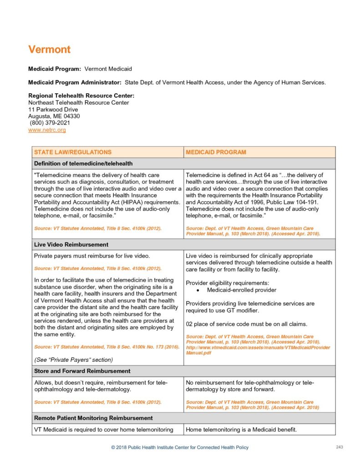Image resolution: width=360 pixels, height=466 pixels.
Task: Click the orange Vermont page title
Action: point(49,49)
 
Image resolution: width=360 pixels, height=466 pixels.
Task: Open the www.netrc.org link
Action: point(47,130)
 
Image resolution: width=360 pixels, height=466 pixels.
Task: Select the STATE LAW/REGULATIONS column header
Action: point(73,152)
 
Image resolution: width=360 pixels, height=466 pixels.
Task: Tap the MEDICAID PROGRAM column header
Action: point(216,152)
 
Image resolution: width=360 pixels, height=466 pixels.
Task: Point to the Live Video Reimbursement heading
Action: point(71,245)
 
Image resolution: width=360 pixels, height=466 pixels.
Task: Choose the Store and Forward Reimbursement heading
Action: point(82,371)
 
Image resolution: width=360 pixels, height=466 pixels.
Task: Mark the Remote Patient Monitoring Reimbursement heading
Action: point(93,418)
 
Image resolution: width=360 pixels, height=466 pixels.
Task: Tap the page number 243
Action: point(339,447)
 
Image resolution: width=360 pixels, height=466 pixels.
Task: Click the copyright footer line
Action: point(180,447)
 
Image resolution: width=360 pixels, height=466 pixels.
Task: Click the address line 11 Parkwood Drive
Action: point(53,110)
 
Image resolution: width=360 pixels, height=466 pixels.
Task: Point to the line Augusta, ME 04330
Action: point(54,116)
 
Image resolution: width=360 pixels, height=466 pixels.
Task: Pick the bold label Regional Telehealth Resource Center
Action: point(81,96)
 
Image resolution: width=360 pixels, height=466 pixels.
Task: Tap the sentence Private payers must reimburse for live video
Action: point(89,256)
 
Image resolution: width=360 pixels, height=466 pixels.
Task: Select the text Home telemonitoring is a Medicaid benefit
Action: point(241,429)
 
